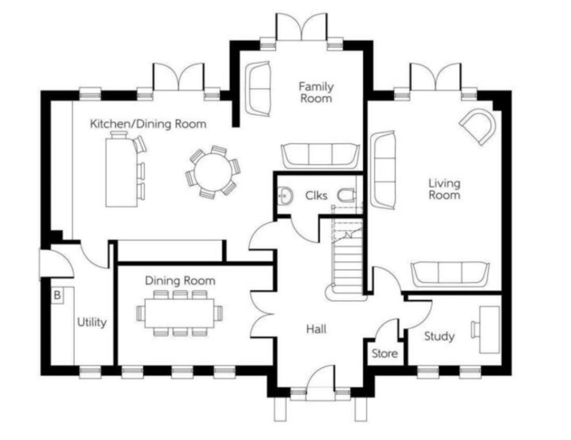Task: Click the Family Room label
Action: pos(316,92)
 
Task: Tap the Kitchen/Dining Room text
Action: pos(148,124)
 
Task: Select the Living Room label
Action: pos(444,189)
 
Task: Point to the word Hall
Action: pos(316,329)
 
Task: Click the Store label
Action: pos(384,354)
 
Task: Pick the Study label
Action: pos(439,337)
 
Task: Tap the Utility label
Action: pos(92,322)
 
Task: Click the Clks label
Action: pos(316,196)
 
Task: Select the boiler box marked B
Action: pos(57,295)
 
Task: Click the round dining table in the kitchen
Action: pos(213,172)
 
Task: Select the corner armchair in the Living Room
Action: pos(478,126)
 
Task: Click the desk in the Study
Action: pos(489,330)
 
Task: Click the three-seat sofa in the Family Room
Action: pos(320,156)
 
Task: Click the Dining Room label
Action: pos(180,281)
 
